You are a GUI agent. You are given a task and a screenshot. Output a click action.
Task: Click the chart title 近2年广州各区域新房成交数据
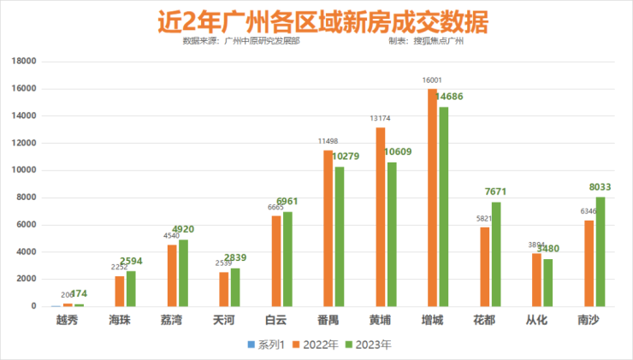(316, 20)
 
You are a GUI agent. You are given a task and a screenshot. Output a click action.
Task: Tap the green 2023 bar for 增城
(443, 206)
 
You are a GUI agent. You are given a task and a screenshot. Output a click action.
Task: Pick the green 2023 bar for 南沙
(600, 251)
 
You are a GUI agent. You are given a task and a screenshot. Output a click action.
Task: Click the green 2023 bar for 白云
(287, 258)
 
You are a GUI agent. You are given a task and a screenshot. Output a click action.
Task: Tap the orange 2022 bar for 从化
(536, 280)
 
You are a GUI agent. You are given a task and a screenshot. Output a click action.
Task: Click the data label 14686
(451, 97)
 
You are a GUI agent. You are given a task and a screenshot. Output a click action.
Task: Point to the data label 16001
(431, 80)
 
